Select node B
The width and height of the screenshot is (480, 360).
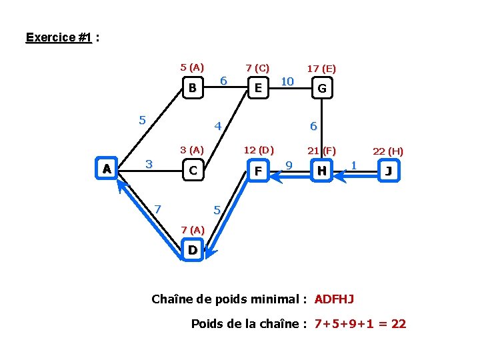pos(192,88)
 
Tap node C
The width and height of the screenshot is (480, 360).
pos(192,171)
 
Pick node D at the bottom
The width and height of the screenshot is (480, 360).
pos(192,251)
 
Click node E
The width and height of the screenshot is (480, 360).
pos(257,88)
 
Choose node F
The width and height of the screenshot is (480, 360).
pos(257,171)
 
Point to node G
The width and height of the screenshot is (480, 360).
pos(322,88)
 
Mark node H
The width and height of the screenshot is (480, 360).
pos(322,171)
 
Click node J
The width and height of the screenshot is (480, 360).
pos(388,171)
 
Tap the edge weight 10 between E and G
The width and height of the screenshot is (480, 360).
pos(287,81)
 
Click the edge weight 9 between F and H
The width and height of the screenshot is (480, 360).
pos(289,165)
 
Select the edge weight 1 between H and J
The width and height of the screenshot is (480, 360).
pos(354,164)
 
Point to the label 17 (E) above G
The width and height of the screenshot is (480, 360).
pos(321,68)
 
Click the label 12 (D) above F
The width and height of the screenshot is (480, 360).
pos(259,150)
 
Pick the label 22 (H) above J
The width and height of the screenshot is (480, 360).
pos(388,151)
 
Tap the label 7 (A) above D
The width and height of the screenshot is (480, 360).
pos(193,230)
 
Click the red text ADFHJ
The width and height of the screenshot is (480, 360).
pos(335,299)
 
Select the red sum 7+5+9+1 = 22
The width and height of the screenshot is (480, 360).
pos(360,325)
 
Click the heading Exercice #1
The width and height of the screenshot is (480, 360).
pos(59,37)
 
